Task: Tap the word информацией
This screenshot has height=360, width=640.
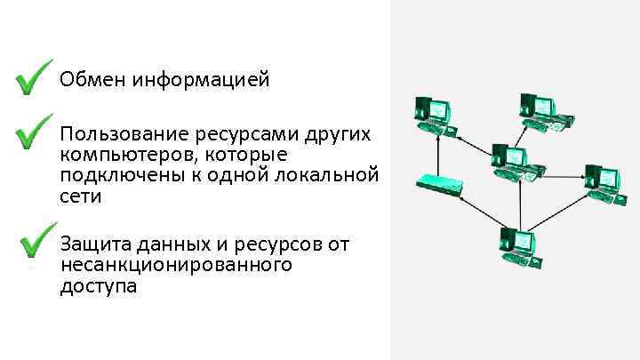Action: click(x=201, y=81)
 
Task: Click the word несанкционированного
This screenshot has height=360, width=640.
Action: click(x=176, y=265)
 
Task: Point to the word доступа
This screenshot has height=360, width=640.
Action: click(x=99, y=286)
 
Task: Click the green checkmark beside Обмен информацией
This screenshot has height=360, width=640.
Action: click(x=33, y=79)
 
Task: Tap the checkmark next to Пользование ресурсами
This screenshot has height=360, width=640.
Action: click(x=33, y=132)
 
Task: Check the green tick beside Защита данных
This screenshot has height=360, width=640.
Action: click(x=37, y=240)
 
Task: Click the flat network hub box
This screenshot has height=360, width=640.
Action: click(x=439, y=184)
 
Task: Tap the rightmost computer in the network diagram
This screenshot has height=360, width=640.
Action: click(x=601, y=183)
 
